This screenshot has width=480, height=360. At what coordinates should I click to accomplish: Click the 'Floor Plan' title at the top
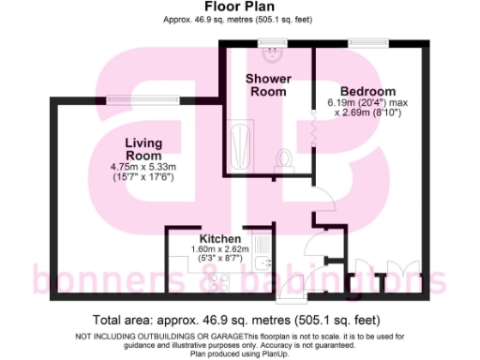(239, 7)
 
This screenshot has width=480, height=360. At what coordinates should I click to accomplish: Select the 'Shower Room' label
(268, 84)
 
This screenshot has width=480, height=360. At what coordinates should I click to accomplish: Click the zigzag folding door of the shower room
(314, 124)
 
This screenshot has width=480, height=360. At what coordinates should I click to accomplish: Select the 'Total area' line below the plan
(240, 320)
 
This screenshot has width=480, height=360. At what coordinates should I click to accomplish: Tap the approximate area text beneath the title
(239, 20)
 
